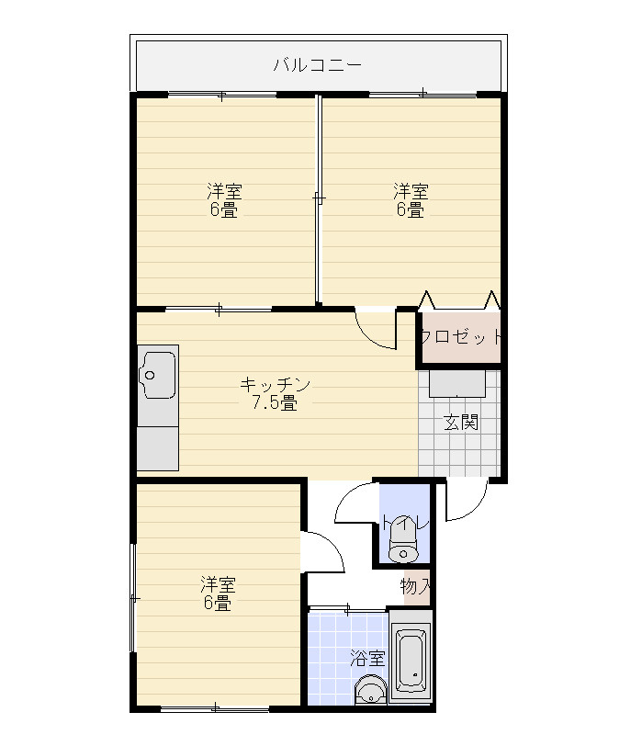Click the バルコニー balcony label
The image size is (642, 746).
pos(317,64)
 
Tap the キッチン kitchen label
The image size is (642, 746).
pos(276,384)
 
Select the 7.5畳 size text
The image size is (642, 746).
pos(275,403)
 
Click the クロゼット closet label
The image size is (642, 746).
pos(460,337)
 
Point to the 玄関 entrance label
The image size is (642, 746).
pos(461,422)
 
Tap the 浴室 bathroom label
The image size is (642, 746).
pos(367,659)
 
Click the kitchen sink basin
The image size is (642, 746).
pos(157,375)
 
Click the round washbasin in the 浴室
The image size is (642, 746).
pos(370,689)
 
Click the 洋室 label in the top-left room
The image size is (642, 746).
pos(224,192)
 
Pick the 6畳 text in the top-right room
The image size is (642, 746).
pos(411,209)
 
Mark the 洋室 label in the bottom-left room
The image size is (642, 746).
pos(218,584)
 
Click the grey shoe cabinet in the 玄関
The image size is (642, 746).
pos(457,383)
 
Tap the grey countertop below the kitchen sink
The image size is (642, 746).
pos(158,448)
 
